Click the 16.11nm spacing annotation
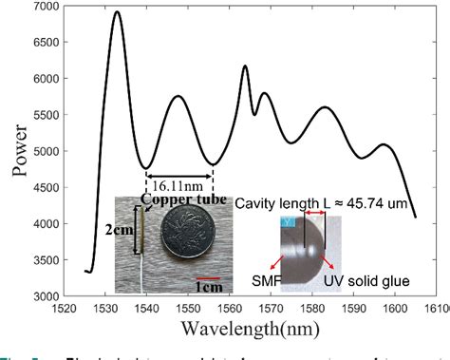point(178,186)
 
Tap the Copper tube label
point(173,199)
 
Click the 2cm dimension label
point(121,230)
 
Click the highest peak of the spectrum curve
point(117,12)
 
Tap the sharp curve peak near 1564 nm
point(245,66)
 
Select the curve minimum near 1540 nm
point(145,167)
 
